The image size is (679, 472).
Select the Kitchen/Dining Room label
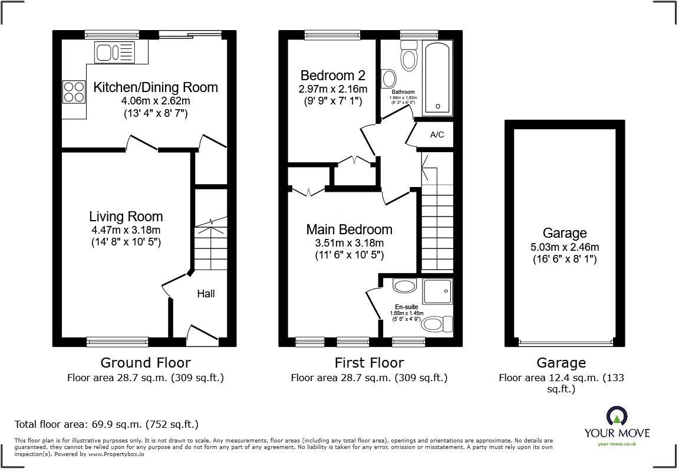coord(156,87)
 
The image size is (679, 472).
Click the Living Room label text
coord(126,217)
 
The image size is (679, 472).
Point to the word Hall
coord(206,293)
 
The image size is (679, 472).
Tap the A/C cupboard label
coord(437,135)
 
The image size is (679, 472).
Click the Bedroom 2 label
coord(333,76)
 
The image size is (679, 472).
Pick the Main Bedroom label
coord(349,230)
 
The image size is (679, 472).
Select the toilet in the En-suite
coord(437,324)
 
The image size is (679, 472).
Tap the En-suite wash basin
coord(405,287)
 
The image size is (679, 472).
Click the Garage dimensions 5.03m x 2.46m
coord(565,247)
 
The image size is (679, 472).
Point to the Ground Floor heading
coord(146,362)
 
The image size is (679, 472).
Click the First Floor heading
coord(368,362)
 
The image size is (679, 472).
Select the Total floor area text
coord(107,424)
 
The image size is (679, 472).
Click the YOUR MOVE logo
coord(617,422)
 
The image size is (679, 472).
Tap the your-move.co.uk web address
coord(617,444)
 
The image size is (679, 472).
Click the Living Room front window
coord(110,341)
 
